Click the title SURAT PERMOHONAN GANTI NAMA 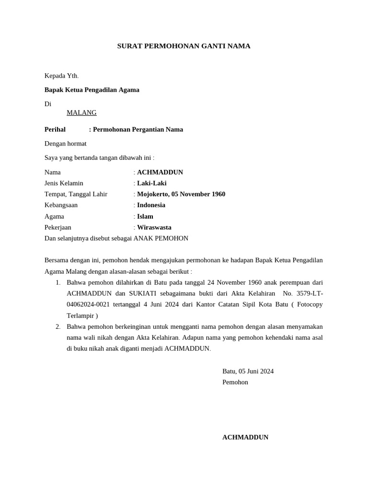tap(184, 46)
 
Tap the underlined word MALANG tap(81, 112)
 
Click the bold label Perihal tap(55, 129)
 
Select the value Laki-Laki tap(152, 183)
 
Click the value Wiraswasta tap(154, 227)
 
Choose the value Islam tap(145, 216)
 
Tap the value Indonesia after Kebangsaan tap(151, 205)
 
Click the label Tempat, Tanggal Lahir tap(76, 194)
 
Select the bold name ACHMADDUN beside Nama tap(160, 172)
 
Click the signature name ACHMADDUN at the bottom tap(245, 437)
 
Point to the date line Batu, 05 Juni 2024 tap(248, 371)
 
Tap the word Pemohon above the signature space tap(235, 382)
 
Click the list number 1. tap(58, 282)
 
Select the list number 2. tap(58, 326)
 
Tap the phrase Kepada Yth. tap(61, 76)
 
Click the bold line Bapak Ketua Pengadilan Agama tap(92, 89)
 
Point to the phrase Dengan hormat tap(66, 143)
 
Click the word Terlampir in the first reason tap(80, 315)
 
